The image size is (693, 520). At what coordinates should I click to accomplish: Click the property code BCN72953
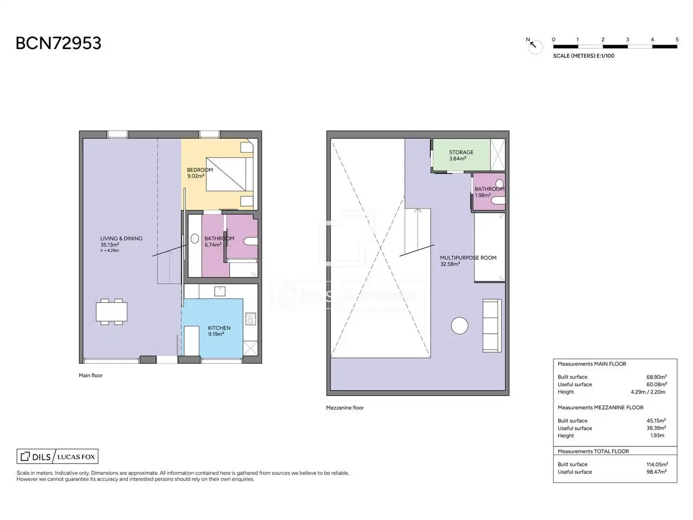click(58, 43)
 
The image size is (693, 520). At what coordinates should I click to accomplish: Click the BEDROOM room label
click(200, 170)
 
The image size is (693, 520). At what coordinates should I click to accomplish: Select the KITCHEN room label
click(219, 328)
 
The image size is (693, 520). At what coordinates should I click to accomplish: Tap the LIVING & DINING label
click(121, 239)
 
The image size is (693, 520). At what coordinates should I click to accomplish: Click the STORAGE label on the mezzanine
click(461, 152)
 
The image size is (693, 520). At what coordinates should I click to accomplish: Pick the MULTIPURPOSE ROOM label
click(468, 258)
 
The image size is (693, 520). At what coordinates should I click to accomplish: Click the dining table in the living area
click(112, 312)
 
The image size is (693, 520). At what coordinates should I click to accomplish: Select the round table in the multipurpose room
click(460, 325)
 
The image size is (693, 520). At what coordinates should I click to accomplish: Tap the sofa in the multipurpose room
click(492, 325)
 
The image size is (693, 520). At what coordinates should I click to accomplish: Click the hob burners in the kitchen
click(250, 319)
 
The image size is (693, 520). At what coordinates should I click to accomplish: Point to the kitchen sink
click(220, 291)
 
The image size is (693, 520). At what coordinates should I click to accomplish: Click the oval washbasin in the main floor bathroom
click(195, 239)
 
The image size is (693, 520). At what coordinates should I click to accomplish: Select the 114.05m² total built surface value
click(657, 465)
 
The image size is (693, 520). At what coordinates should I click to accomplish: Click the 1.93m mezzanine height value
click(657, 436)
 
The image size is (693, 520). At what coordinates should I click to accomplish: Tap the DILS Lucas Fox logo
click(57, 456)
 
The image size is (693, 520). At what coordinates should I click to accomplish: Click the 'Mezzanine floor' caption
click(345, 408)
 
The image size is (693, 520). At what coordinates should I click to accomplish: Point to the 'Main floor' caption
click(90, 376)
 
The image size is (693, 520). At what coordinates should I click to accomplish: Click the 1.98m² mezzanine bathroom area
click(483, 195)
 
